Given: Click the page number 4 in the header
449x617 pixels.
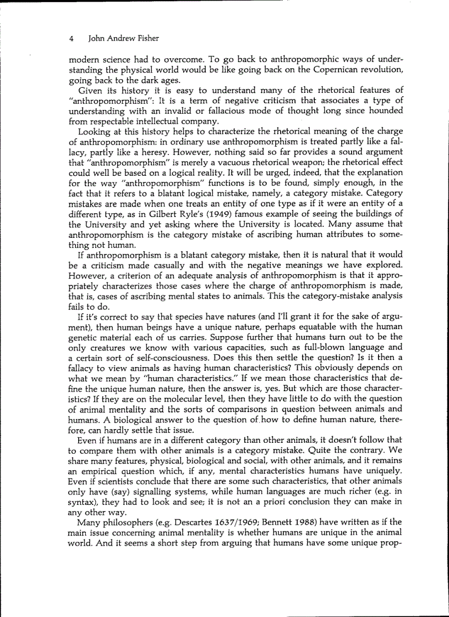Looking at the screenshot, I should pyautogui.click(x=72, y=38).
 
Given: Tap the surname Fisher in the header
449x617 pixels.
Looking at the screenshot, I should pyautogui.click(x=146, y=38).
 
